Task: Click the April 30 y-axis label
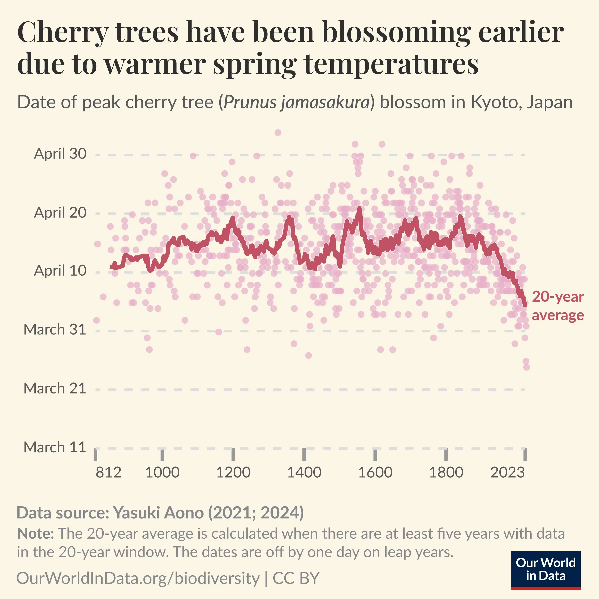(x=60, y=154)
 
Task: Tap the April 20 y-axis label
(x=60, y=213)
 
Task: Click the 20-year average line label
(x=558, y=306)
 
